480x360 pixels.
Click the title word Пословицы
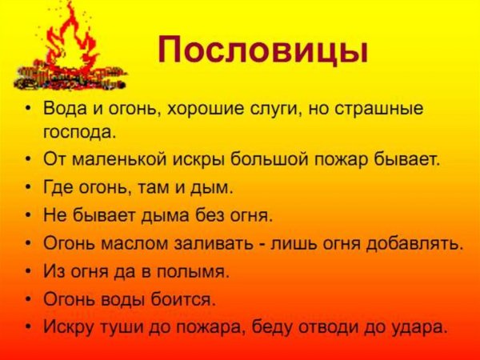coord(264,50)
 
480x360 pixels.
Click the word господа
coord(80,129)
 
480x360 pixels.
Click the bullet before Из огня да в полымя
coord(29,271)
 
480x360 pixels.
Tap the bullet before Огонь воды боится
coord(29,298)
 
